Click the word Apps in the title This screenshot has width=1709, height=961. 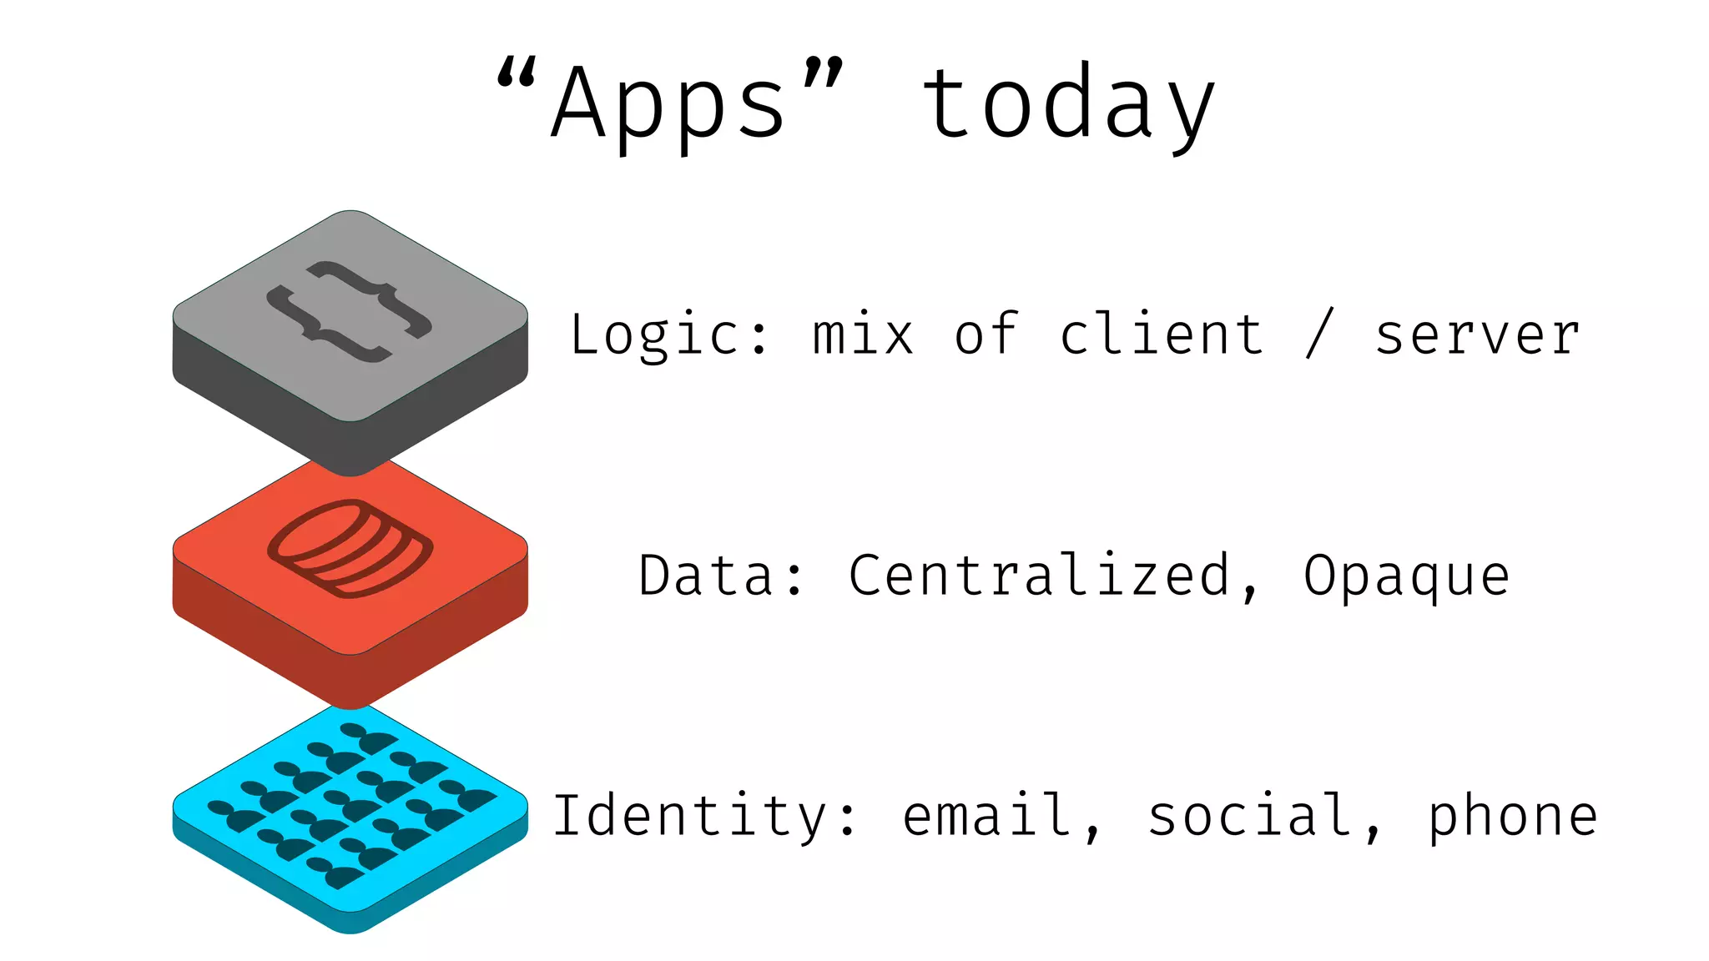668,104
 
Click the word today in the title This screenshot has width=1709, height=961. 1068,104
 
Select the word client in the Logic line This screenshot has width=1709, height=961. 1162,335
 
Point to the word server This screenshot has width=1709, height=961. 1477,335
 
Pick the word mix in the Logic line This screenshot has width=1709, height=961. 863,335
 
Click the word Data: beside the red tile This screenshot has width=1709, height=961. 722,576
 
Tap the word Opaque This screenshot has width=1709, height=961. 1407,576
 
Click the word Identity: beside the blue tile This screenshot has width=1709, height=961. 705,816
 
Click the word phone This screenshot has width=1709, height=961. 1512,816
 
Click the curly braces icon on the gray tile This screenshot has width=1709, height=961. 350,312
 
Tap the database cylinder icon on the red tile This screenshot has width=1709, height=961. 350,548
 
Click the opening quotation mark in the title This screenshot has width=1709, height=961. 516,73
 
